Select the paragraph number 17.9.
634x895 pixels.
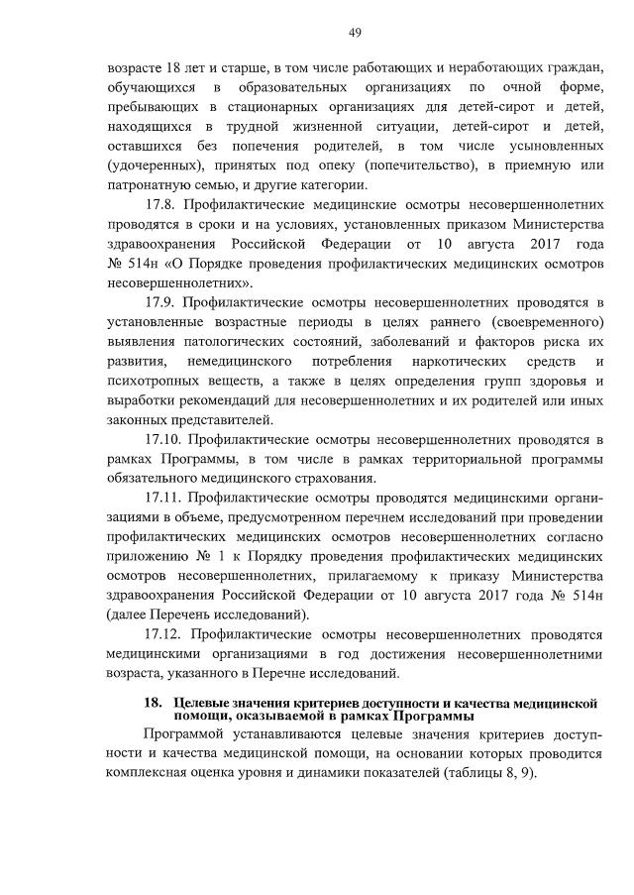click(160, 301)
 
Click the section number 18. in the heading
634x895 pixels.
click(152, 702)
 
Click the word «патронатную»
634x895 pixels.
click(150, 184)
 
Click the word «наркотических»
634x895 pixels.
click(441, 360)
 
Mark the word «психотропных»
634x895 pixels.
click(149, 380)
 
